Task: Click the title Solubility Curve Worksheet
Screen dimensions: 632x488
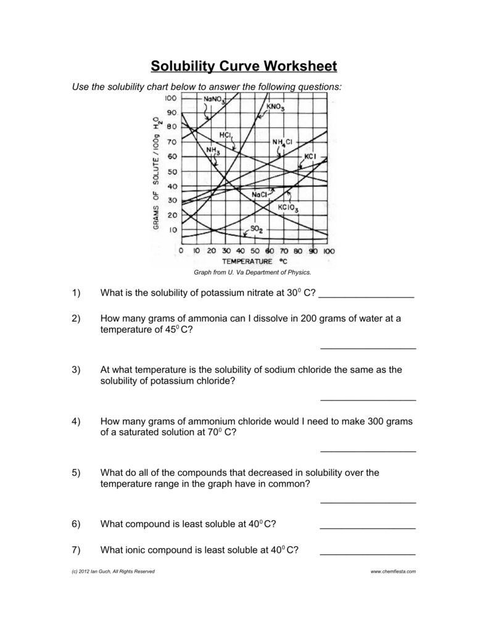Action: point(244,66)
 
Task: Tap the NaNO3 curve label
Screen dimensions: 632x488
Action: point(209,99)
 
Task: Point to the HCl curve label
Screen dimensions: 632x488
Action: point(225,135)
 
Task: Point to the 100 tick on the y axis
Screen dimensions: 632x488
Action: point(170,99)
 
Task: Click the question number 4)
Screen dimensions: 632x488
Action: point(76,422)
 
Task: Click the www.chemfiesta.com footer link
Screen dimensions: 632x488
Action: point(393,572)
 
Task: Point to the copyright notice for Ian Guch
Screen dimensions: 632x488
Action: point(114,572)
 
